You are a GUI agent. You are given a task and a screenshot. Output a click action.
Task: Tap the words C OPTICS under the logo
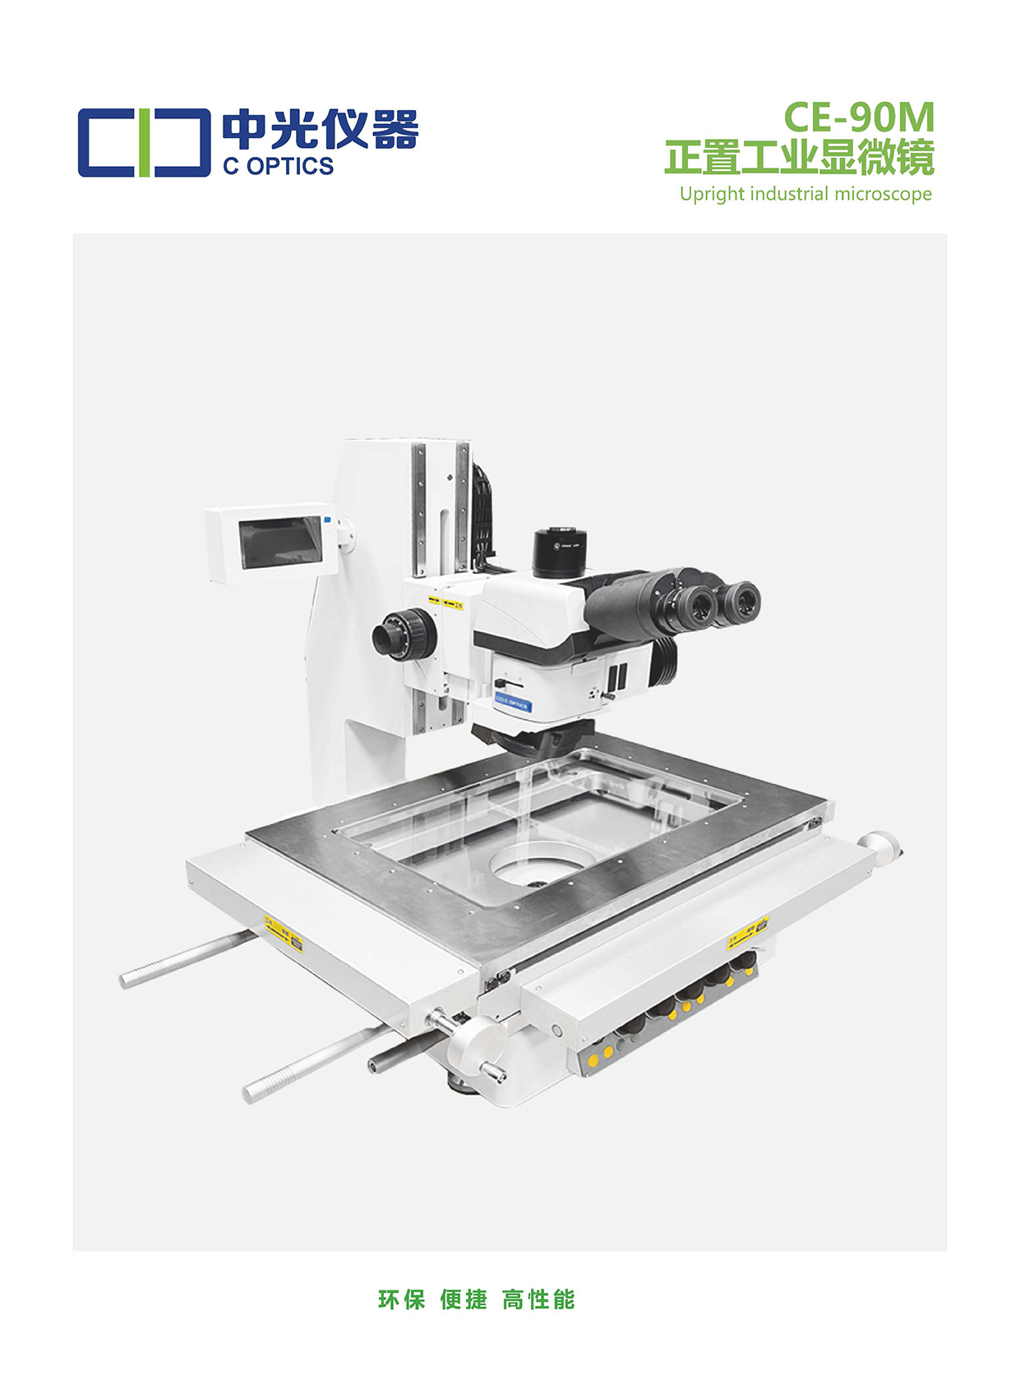click(278, 166)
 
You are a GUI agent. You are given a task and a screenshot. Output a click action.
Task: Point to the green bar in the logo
click(143, 143)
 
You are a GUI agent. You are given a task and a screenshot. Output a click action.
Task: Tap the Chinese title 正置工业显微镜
click(800, 157)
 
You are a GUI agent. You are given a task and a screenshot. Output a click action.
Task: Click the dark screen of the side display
click(280, 542)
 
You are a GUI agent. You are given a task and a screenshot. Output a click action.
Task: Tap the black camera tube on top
click(560, 551)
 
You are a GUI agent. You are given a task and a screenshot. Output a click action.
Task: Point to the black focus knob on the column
click(404, 633)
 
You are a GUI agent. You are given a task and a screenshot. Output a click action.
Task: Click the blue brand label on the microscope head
click(512, 704)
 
